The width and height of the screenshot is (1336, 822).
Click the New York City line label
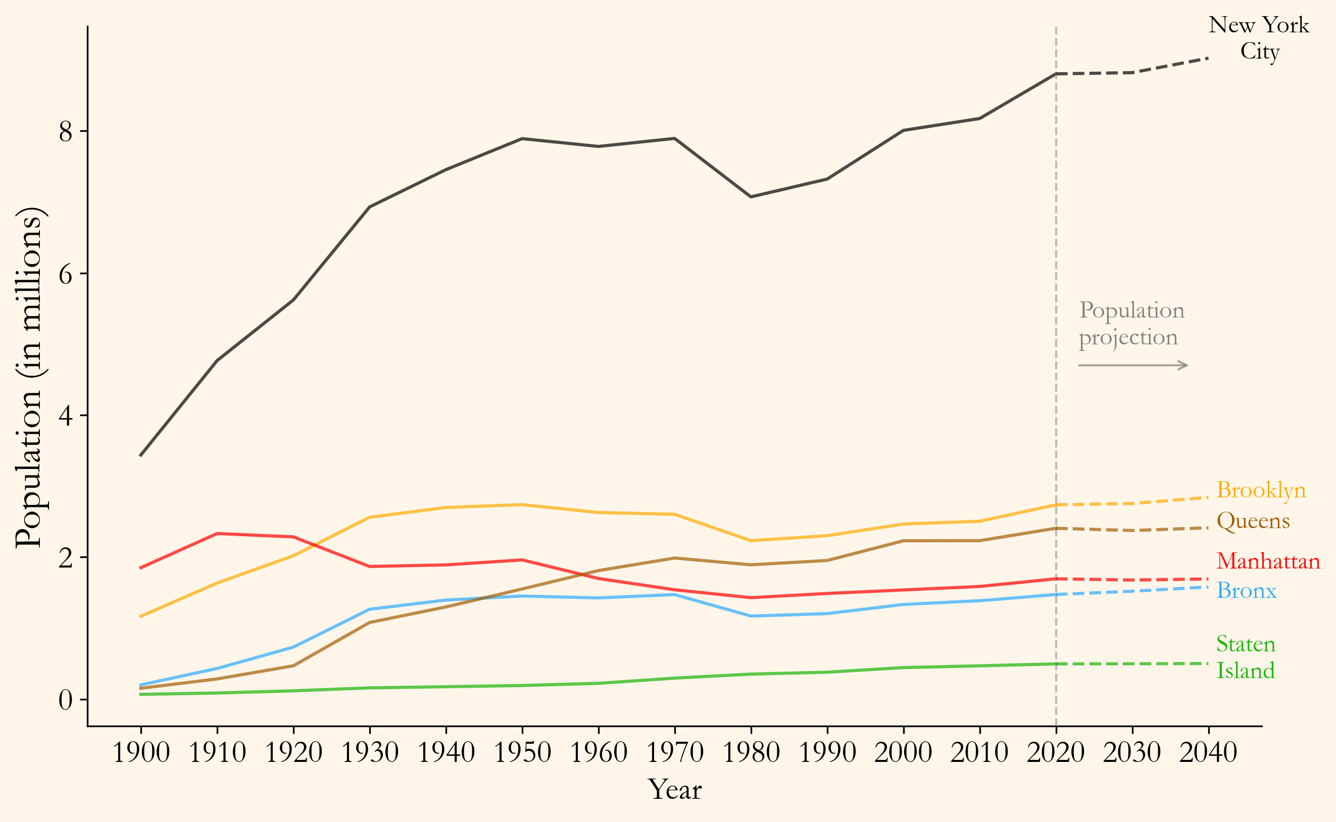pos(1259,38)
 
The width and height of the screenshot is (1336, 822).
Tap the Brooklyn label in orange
pos(1261,490)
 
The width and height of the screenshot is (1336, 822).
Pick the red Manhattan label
pos(1268,561)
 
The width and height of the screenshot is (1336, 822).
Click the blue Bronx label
pos(1246,590)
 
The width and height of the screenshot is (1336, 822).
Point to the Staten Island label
pos(1246,657)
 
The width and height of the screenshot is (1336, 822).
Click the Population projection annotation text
pos(1131,324)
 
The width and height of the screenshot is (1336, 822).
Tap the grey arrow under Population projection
pos(1132,366)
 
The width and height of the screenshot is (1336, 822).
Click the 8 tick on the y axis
pos(65,132)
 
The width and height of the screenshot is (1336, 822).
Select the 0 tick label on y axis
pos(65,700)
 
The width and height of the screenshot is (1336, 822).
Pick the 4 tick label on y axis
pos(65,416)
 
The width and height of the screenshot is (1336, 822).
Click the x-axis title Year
pos(675,790)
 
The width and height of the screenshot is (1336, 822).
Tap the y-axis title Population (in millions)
pos(30,377)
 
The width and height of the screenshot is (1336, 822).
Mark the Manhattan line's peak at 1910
pos(218,533)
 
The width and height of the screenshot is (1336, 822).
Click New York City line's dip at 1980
pos(752,197)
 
